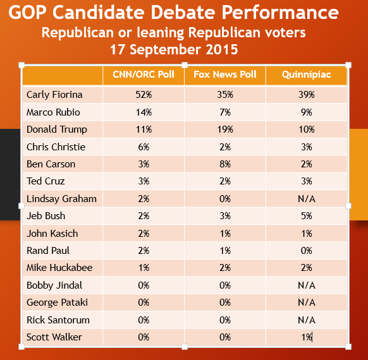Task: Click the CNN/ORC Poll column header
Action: (144, 75)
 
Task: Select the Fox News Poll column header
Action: (225, 75)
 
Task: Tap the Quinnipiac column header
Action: (306, 75)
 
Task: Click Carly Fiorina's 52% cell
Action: (144, 95)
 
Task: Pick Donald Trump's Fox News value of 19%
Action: (225, 129)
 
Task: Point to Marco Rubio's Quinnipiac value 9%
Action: (307, 112)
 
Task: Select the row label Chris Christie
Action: (56, 147)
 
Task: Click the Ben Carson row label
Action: (51, 164)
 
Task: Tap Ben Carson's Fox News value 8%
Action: (225, 164)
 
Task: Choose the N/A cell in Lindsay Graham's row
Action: (307, 199)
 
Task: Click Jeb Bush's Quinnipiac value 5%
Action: (307, 215)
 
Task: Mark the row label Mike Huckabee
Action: (59, 268)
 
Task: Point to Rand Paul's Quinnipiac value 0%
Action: (307, 251)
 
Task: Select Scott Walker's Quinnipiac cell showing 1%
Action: (307, 337)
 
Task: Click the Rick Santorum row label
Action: (58, 320)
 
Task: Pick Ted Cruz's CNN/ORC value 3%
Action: (144, 181)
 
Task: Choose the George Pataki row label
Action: (57, 303)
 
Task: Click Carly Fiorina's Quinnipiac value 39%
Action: (307, 95)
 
